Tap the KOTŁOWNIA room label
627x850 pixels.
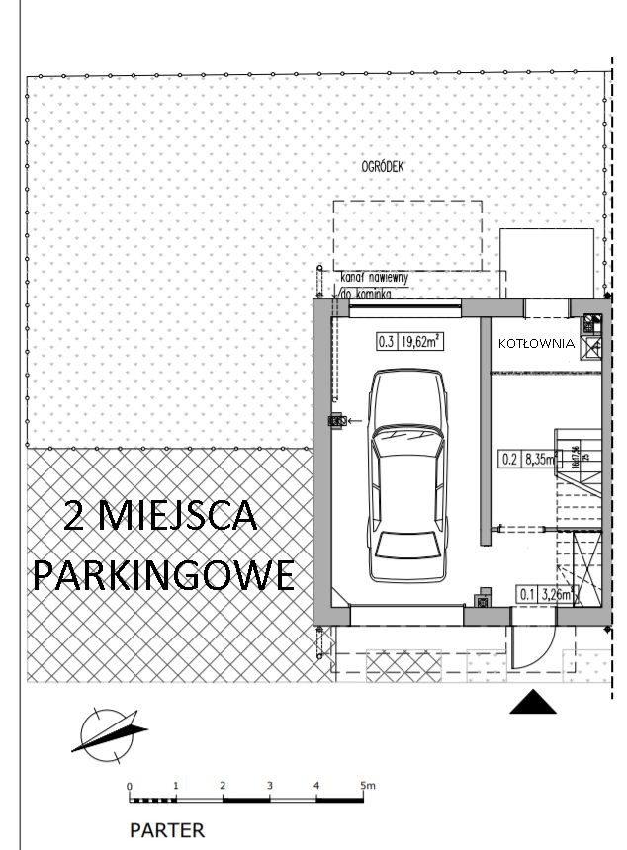pyautogui.click(x=536, y=344)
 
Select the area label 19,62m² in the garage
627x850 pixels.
pyautogui.click(x=422, y=343)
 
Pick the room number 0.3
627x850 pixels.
pyautogui.click(x=386, y=343)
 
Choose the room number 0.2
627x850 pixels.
pyautogui.click(x=510, y=458)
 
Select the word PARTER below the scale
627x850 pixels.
pyautogui.click(x=167, y=830)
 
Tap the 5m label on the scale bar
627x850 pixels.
pyautogui.click(x=368, y=787)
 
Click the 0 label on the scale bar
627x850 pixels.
pyautogui.click(x=130, y=787)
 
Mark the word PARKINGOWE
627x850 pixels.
pyautogui.click(x=163, y=574)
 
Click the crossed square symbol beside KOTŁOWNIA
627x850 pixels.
pyautogui.click(x=592, y=347)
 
